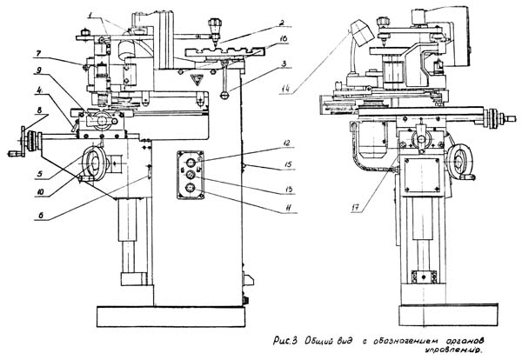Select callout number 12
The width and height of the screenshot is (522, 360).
pyautogui.click(x=262, y=141)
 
